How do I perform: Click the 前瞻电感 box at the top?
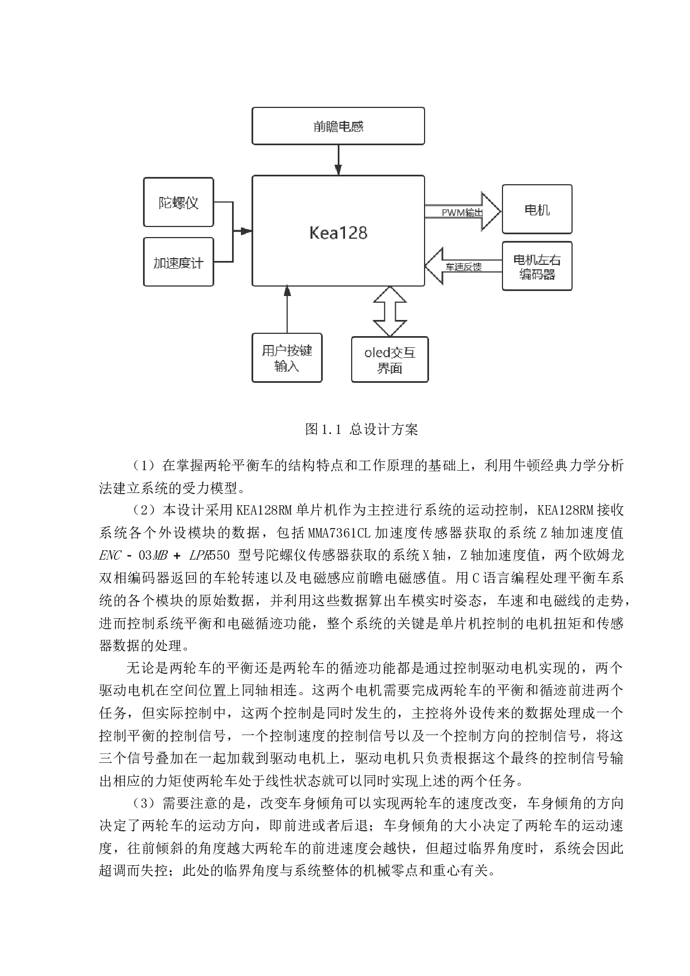click(338, 126)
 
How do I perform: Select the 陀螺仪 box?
click(179, 203)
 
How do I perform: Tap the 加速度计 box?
click(179, 263)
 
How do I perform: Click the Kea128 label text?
click(338, 233)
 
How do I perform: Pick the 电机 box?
click(537, 210)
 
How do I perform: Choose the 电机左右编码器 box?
click(537, 267)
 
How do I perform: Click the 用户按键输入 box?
click(287, 358)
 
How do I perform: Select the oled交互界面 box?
click(390, 360)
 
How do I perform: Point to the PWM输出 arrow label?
click(462, 213)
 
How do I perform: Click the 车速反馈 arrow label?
click(464, 267)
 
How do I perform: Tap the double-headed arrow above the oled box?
click(390, 312)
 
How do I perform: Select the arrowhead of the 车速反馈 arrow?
click(435, 266)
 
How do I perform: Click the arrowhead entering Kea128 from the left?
click(247, 231)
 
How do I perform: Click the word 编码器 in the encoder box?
click(537, 274)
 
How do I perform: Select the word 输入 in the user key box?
click(287, 366)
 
